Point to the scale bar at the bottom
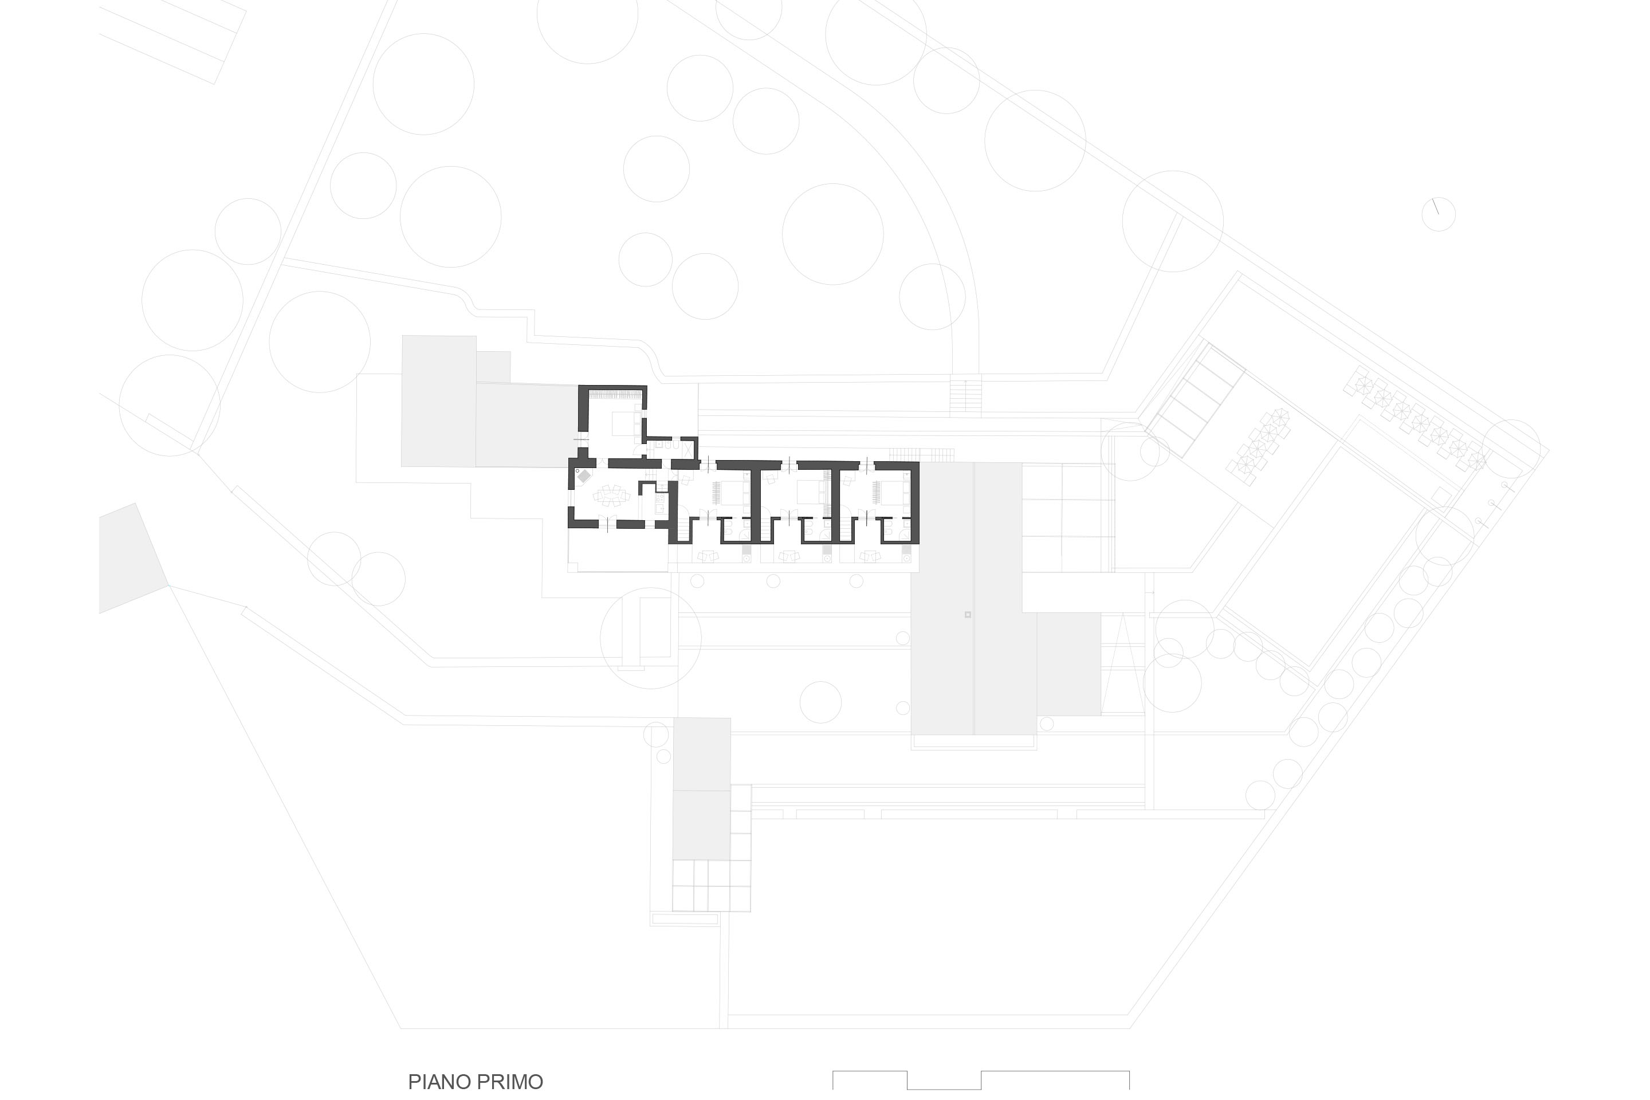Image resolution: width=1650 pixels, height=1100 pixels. [x=981, y=1081]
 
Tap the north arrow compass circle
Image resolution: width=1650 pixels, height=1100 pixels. [x=1438, y=214]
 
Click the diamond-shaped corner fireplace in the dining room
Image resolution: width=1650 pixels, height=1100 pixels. [x=584, y=476]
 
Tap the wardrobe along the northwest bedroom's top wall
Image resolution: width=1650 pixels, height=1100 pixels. [x=615, y=396]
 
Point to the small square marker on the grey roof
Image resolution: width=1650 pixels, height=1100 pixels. [x=968, y=615]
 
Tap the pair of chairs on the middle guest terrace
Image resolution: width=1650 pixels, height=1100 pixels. [x=790, y=556]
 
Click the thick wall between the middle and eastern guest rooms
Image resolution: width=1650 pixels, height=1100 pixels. [x=835, y=502]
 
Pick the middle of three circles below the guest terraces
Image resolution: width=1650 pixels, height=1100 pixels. [x=773, y=581]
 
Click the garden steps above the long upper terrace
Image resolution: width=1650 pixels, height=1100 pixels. [x=966, y=396]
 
